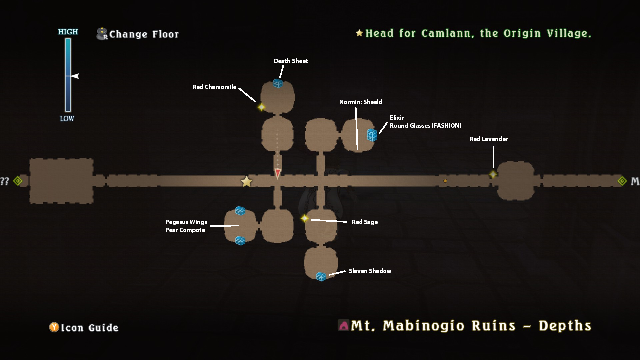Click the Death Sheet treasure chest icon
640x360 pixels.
tap(278, 83)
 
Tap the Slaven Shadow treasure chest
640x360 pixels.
tap(321, 276)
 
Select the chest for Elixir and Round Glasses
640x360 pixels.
tap(372, 135)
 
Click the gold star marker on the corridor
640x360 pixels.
tap(246, 182)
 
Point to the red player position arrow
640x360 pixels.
tap(277, 173)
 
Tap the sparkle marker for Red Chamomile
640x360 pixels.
tap(261, 107)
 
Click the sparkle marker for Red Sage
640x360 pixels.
tap(305, 218)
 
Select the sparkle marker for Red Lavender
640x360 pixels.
tap(493, 174)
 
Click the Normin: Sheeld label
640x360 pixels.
tap(360, 102)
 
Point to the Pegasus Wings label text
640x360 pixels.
tap(186, 222)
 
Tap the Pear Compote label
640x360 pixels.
tap(185, 230)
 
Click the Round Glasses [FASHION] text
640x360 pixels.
tap(425, 126)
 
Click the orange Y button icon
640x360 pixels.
tap(54, 327)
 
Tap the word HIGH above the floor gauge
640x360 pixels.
tap(68, 32)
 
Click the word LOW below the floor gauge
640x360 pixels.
tap(67, 119)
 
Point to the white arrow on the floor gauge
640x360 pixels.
tap(75, 76)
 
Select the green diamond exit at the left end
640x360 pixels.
tap(18, 181)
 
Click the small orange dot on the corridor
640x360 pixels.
tap(445, 181)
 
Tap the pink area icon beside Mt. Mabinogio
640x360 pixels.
tap(343, 325)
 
